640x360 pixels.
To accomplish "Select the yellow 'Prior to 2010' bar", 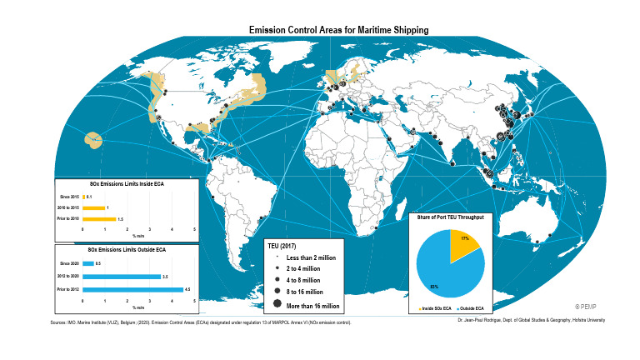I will click(x=99, y=219).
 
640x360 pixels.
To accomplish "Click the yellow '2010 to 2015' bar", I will click(x=93, y=207).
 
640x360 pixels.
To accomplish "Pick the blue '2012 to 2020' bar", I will click(x=121, y=276).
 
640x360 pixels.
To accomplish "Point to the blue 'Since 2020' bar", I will click(x=87, y=262).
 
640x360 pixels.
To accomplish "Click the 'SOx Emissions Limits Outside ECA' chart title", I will click(x=127, y=249).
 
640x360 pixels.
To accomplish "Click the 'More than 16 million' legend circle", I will click(x=275, y=306).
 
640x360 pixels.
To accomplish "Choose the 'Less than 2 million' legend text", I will click(x=311, y=258).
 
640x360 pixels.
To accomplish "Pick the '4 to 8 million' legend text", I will click(x=302, y=282).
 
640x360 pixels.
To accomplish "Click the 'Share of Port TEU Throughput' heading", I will click(x=451, y=217).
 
